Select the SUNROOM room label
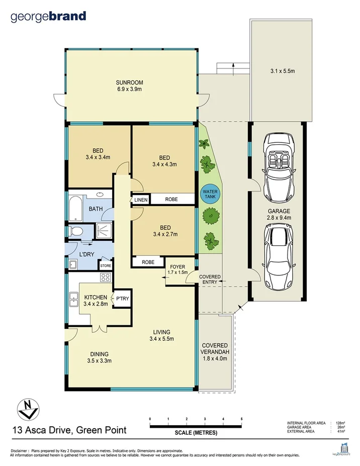pyautogui.click(x=129, y=86)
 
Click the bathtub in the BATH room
pyautogui.click(x=74, y=209)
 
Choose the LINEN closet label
pyautogui.click(x=141, y=200)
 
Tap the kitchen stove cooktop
pyautogui.click(x=106, y=277)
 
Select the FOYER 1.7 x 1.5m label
pyautogui.click(x=178, y=269)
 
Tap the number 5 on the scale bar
pyautogui.click(x=241, y=419)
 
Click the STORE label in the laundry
pyautogui.click(x=106, y=265)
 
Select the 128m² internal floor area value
pyautogui.click(x=340, y=423)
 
